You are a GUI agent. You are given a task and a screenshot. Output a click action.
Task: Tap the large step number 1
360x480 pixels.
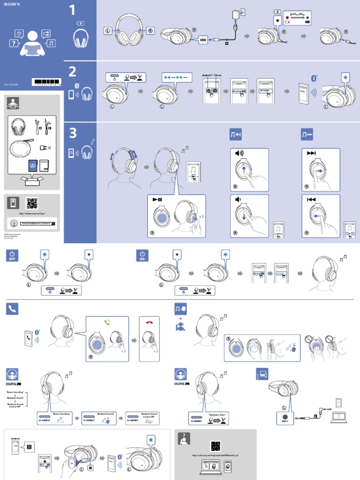pyautogui.click(x=72, y=10)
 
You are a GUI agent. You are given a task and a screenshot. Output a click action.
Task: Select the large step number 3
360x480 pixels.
pyautogui.click(x=72, y=134)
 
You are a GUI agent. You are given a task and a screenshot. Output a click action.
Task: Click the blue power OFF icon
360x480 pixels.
pyautogui.click(x=12, y=255)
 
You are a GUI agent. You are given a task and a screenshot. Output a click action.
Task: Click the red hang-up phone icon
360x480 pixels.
pyautogui.click(x=150, y=322)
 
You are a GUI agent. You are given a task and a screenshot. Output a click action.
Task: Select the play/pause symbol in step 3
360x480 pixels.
pyautogui.click(x=157, y=199)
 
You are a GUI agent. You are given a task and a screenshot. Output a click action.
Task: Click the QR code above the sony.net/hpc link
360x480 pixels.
pyautogui.click(x=32, y=203)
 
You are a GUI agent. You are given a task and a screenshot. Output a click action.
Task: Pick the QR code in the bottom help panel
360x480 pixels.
pyautogui.click(x=215, y=446)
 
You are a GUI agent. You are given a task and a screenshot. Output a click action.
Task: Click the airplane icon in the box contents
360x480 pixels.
pyautogui.click(x=49, y=148)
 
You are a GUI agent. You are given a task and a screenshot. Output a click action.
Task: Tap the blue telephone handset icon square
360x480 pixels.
pyautogui.click(x=12, y=308)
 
